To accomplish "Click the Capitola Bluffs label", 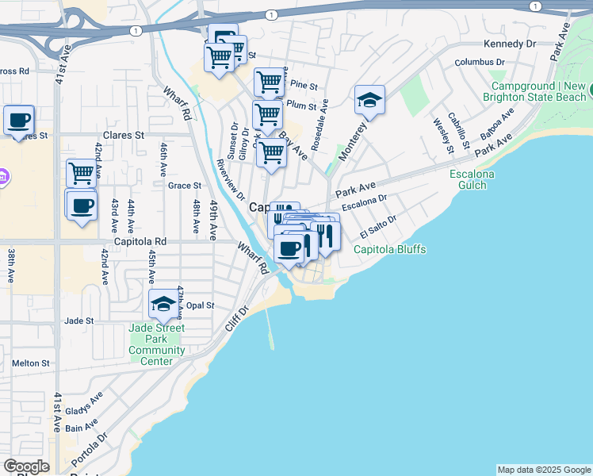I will pyautogui.click(x=389, y=250).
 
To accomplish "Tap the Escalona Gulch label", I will pyautogui.click(x=472, y=179).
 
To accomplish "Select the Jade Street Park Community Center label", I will pyautogui.click(x=156, y=344).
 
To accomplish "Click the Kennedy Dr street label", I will pyautogui.click(x=508, y=44).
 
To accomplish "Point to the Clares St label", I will pyautogui.click(x=123, y=136).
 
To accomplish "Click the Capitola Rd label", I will pyautogui.click(x=140, y=241).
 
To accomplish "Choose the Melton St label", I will pyautogui.click(x=31, y=363).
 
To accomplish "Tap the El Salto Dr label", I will pyautogui.click(x=377, y=228).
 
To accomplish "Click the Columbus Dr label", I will pyautogui.click(x=480, y=62).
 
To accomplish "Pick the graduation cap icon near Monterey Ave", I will pyautogui.click(x=369, y=100).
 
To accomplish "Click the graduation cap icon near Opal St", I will pyautogui.click(x=163, y=303).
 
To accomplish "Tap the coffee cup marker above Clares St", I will pyautogui.click(x=19, y=121).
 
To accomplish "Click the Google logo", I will pyautogui.click(x=26, y=466).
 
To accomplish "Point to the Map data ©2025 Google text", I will pyautogui.click(x=544, y=469).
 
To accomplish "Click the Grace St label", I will pyautogui.click(x=185, y=186).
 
